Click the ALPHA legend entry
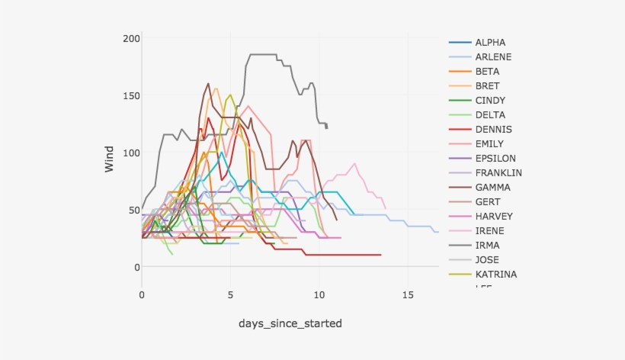tap(490, 43)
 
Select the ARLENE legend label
tap(493, 57)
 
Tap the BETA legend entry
tap(488, 72)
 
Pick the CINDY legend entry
tap(490, 101)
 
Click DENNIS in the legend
tap(493, 130)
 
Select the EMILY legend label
tap(489, 144)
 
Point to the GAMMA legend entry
tap(492, 188)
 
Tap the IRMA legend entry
tap(487, 246)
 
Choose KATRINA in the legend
tap(495, 275)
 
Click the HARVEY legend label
tap(492, 217)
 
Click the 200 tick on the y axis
tap(130, 39)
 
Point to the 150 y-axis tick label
tap(130, 95)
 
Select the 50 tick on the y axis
tap(133, 210)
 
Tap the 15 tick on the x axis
tap(408, 294)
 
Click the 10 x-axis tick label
tap(319, 294)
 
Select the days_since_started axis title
tap(290, 324)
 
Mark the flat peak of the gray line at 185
tap(263, 54)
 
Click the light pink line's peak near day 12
tap(354, 163)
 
